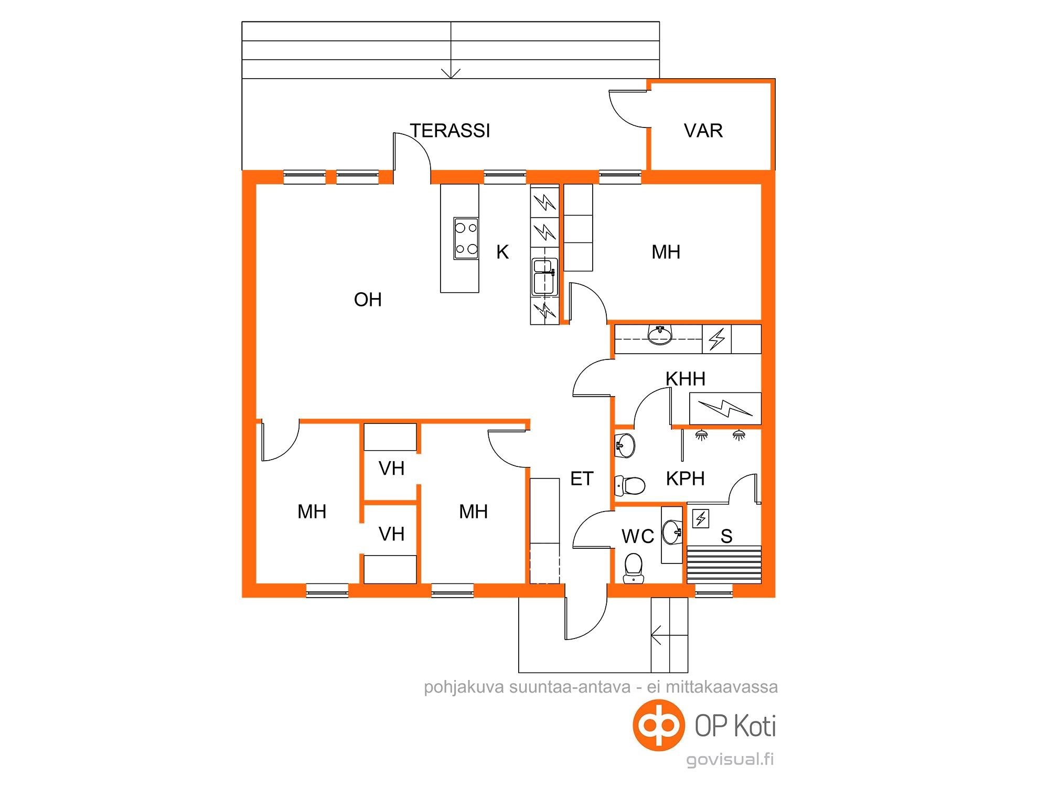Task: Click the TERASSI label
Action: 450,131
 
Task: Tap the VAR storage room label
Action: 703,131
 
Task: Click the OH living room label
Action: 368,300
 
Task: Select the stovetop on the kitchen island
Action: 466,239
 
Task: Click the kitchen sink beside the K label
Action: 544,276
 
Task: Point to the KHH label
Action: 686,379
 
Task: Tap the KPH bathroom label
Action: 685,478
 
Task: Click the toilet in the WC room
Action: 633,568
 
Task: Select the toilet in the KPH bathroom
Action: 629,485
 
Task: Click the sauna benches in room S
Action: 724,564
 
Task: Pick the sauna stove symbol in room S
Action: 701,518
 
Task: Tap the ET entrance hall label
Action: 582,478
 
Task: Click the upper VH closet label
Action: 391,468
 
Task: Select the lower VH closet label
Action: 391,534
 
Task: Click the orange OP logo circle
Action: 659,726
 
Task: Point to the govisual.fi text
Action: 730,759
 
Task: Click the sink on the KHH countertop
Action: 660,334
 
